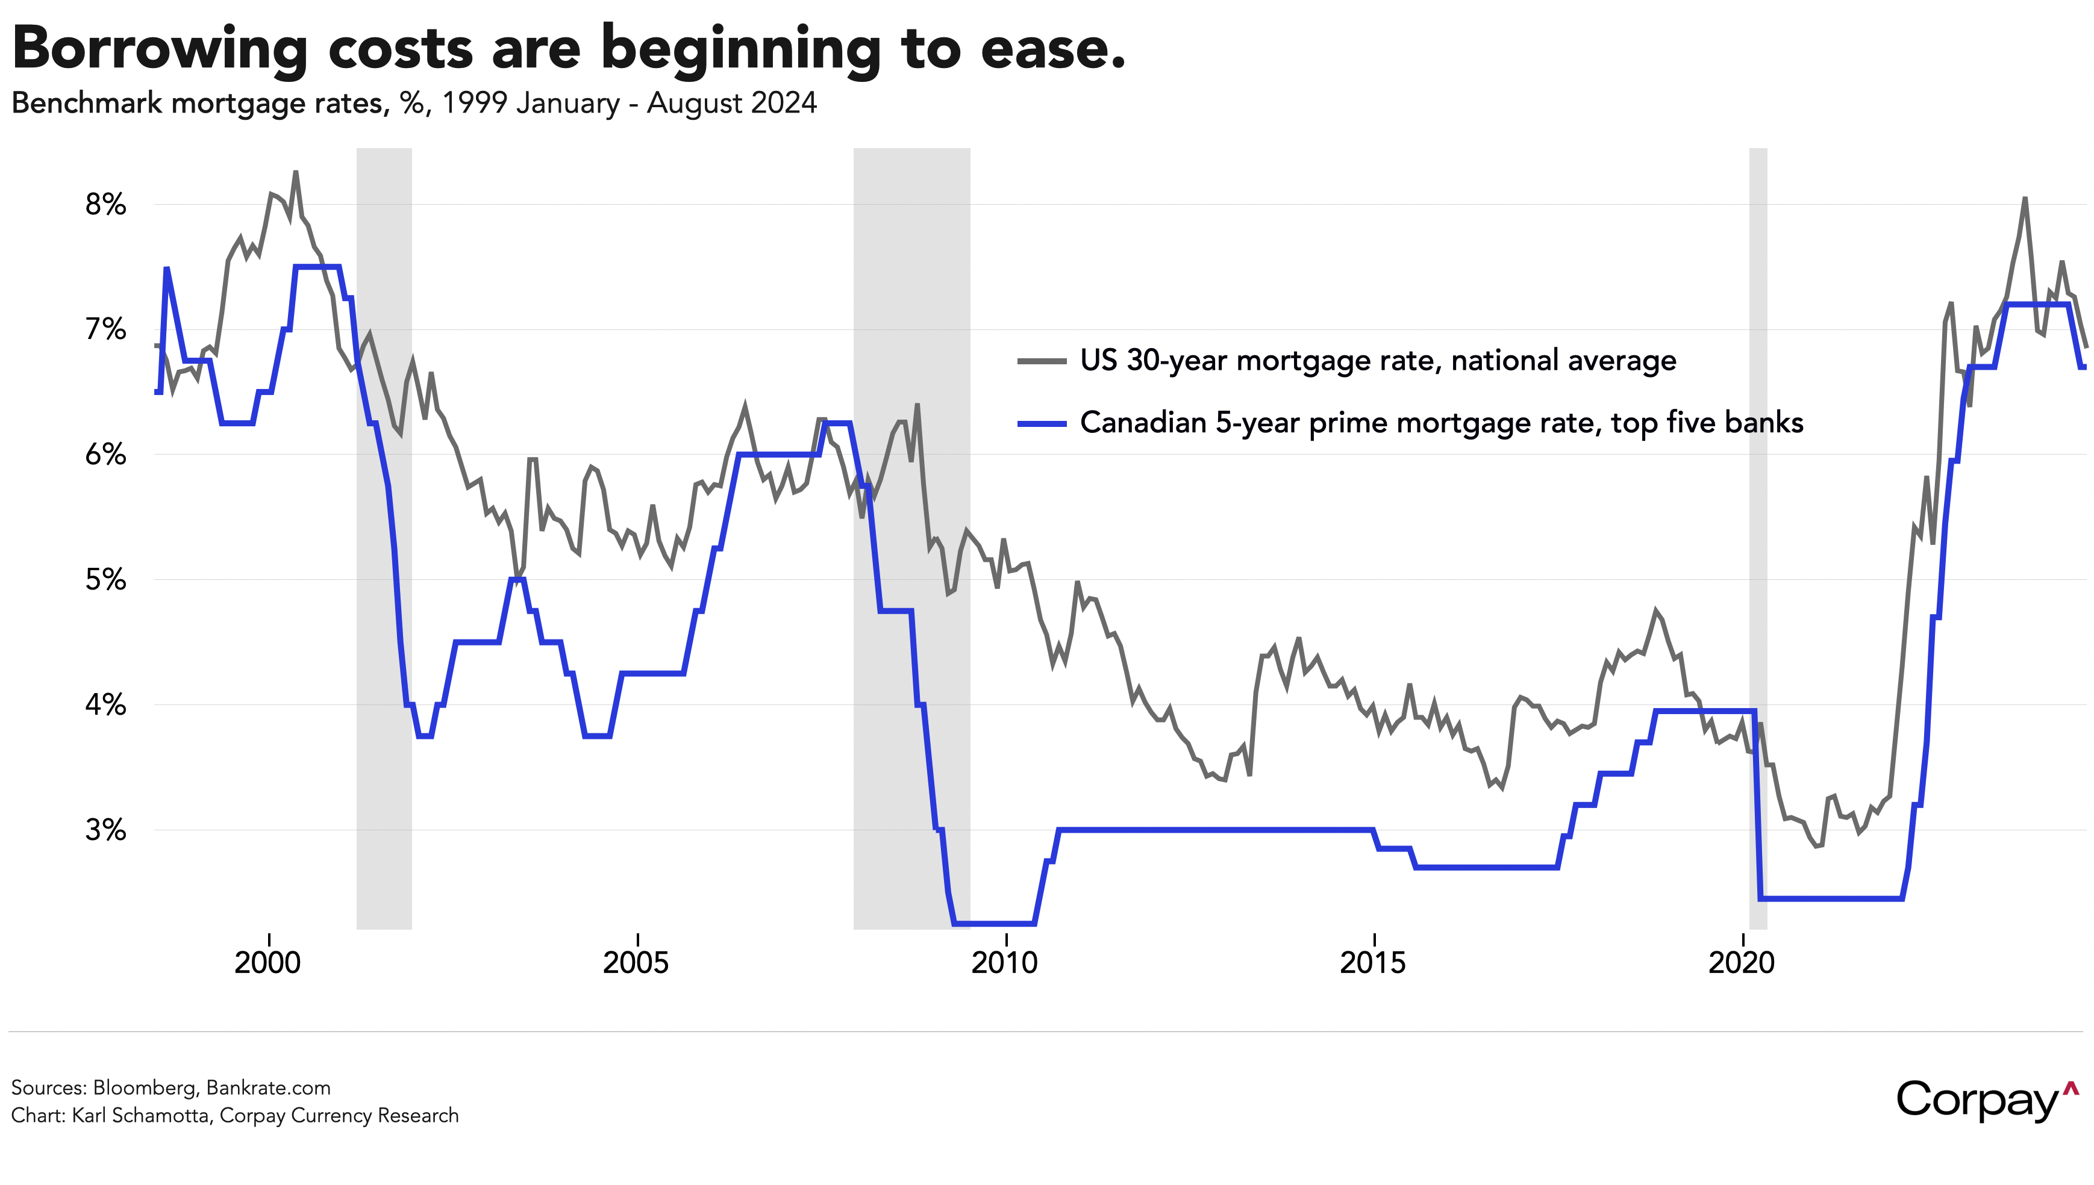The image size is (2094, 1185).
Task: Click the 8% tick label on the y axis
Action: point(106,204)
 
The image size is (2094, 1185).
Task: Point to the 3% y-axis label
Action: point(106,830)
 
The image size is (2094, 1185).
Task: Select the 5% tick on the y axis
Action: point(106,580)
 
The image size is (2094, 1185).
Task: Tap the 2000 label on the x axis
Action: point(268,963)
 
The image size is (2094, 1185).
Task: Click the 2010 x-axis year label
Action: point(1005,963)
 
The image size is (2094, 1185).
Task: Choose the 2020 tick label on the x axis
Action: point(1742,963)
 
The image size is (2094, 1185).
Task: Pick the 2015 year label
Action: point(1373,963)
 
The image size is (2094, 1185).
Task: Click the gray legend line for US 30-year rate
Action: point(1042,361)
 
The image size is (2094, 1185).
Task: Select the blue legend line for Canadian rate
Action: point(1042,423)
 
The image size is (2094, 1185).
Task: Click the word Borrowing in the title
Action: point(160,49)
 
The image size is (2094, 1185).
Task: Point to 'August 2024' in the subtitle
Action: point(732,104)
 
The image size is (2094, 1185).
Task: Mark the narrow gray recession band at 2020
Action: point(1758,537)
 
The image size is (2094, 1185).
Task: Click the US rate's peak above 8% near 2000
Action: point(296,173)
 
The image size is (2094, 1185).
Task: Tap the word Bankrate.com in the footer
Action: point(269,1088)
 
